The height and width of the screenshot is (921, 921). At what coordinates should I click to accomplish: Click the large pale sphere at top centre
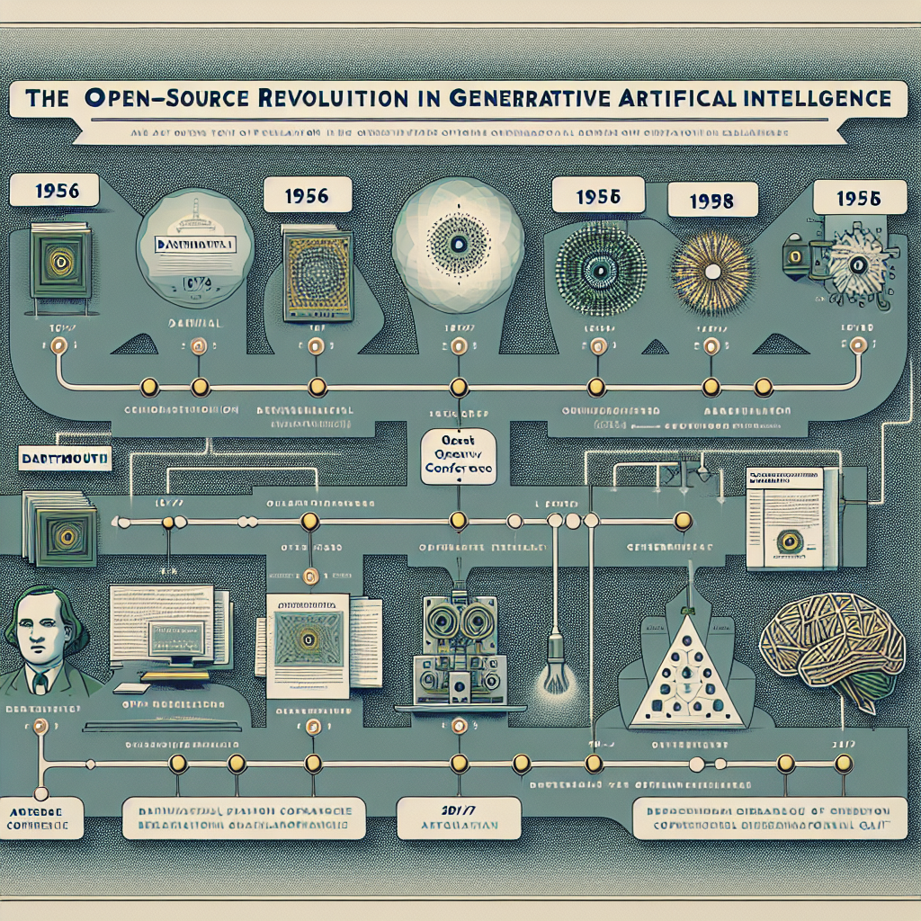[454, 244]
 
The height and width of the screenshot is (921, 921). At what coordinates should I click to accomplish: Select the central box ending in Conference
[460, 455]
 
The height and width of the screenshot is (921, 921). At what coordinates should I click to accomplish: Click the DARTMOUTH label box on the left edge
[62, 458]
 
